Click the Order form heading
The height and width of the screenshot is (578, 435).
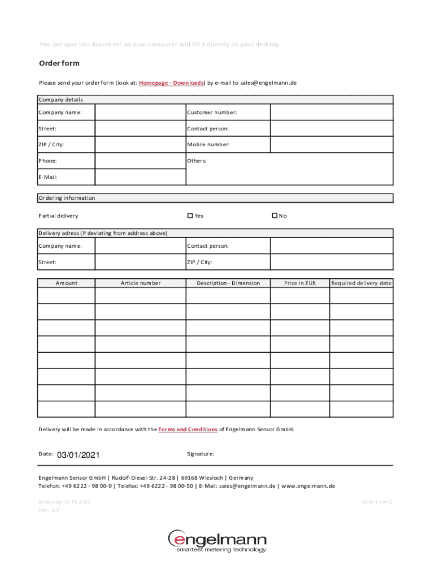pos(59,63)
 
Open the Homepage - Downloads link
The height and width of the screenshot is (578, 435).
pos(171,83)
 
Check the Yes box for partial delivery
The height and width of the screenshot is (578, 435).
pos(190,216)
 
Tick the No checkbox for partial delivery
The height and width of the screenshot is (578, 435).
pos(275,216)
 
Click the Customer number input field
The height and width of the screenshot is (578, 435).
pos(331,112)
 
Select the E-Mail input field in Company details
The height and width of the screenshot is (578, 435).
pos(140,177)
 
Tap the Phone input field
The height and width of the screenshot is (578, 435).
pos(140,161)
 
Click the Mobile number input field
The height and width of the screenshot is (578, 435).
pos(331,144)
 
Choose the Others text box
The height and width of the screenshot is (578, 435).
pos(331,169)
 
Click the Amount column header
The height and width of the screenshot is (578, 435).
pos(66,283)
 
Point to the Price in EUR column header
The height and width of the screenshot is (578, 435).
pos(300,283)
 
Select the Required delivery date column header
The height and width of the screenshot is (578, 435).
pos(361,283)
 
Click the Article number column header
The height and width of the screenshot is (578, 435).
pos(140,283)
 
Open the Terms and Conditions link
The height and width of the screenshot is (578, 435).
pos(188,430)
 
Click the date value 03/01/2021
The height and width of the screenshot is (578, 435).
pos(79,455)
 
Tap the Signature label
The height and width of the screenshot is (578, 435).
pos(200,454)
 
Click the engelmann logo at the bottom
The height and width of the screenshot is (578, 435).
pos(217,541)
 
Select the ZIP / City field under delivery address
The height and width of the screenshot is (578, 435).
pos(331,262)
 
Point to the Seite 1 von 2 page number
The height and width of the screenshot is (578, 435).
pos(376,501)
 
